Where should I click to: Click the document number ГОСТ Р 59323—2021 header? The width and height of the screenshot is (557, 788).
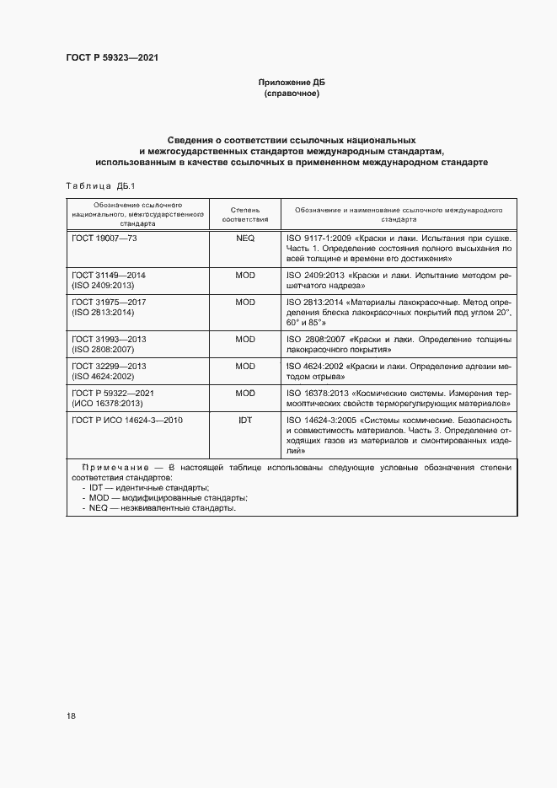112,58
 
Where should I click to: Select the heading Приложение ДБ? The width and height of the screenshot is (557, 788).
291,83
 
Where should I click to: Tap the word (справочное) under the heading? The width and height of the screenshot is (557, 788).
291,94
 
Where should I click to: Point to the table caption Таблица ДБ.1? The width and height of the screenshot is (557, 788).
94,185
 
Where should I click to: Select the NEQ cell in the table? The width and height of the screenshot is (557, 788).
245,239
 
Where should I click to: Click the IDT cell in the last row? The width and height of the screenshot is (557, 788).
245,419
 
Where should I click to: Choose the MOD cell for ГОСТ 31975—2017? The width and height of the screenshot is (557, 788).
245,302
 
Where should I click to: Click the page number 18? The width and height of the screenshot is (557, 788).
71,716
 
